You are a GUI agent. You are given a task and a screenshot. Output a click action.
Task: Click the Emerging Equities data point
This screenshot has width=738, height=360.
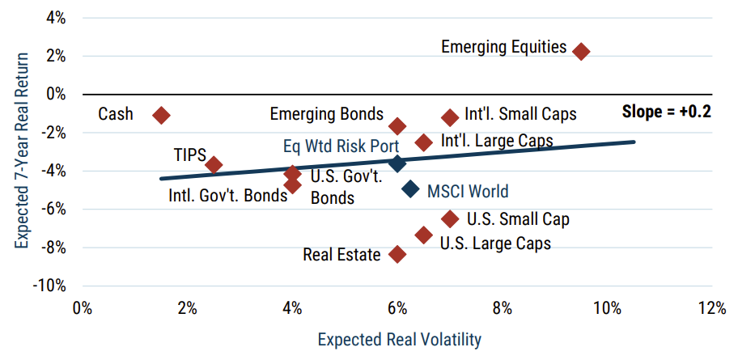click(x=580, y=51)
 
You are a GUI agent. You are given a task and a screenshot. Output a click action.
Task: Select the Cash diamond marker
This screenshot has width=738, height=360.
click(x=161, y=116)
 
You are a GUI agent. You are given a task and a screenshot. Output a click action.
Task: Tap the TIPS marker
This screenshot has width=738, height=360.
click(x=214, y=165)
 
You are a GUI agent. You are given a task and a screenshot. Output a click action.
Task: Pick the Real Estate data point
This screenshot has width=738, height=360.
click(x=397, y=254)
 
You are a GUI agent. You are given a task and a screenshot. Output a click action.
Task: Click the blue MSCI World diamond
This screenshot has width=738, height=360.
click(x=410, y=189)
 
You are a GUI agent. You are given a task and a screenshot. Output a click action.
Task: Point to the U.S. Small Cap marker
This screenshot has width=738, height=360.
click(x=450, y=218)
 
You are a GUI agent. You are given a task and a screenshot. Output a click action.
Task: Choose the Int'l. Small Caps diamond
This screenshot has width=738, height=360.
click(x=450, y=117)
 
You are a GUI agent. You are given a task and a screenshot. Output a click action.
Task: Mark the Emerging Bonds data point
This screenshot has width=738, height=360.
click(x=397, y=126)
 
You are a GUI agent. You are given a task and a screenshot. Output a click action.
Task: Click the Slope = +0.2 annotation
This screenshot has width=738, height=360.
click(x=666, y=112)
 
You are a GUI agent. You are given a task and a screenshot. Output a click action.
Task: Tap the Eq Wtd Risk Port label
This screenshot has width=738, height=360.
click(x=341, y=146)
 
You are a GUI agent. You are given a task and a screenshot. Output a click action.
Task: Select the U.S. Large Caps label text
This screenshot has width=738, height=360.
click(x=494, y=243)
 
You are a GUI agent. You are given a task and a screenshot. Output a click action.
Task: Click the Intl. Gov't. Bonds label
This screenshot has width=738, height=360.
click(x=223, y=195)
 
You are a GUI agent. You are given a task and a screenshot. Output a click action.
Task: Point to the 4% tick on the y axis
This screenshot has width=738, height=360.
click(x=54, y=18)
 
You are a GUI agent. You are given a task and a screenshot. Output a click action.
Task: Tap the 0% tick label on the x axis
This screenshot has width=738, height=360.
click(x=82, y=308)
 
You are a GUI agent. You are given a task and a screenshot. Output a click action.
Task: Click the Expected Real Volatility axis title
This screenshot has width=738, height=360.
click(x=397, y=340)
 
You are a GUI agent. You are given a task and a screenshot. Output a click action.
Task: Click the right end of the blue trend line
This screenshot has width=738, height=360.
click(x=634, y=142)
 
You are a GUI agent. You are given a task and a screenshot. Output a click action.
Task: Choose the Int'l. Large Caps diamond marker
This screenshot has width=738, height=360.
click(x=424, y=142)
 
